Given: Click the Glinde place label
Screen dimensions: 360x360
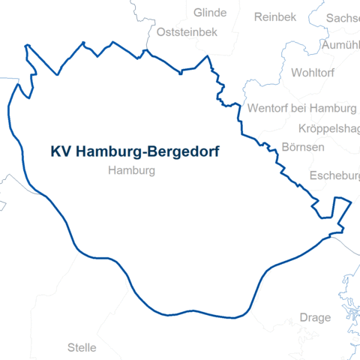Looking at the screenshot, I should click(x=209, y=13).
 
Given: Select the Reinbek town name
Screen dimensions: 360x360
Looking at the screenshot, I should click(x=275, y=17).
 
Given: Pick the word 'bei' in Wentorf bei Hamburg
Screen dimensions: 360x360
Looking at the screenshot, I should click(x=303, y=107).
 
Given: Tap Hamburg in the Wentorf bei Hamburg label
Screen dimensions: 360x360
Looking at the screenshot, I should click(x=337, y=107).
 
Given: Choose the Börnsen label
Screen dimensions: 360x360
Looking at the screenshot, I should click(x=303, y=146).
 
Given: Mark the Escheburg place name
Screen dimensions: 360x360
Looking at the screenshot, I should click(x=334, y=176).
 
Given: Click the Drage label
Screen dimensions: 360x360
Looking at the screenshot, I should click(x=315, y=317).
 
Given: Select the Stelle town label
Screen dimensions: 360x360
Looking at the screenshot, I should click(x=82, y=347).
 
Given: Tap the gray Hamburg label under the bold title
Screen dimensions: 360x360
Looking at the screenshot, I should click(x=131, y=171).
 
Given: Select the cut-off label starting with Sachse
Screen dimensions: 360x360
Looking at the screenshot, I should click(x=343, y=17).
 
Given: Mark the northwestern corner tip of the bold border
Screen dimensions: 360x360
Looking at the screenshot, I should click(x=26, y=46).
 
